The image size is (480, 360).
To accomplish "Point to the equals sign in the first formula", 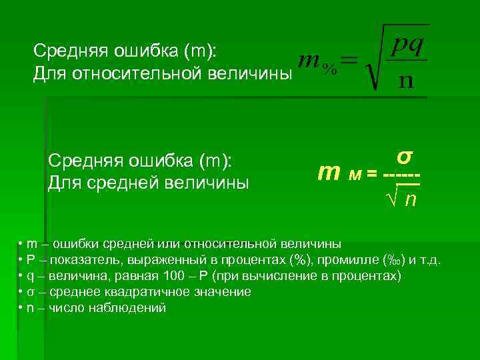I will [349, 61].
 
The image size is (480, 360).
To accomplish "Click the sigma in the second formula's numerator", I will [404, 157].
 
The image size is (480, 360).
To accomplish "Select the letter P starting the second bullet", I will [31, 259].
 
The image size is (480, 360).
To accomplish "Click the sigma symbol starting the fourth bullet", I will [31, 293].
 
